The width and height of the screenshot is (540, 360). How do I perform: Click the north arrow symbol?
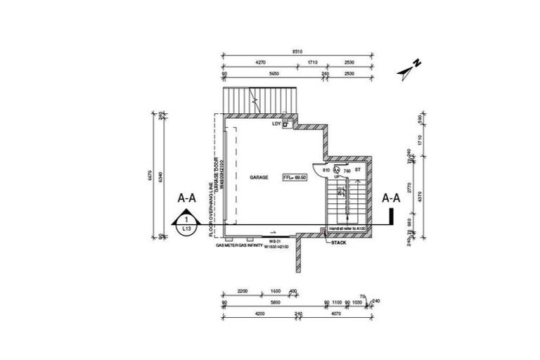(x=409, y=68)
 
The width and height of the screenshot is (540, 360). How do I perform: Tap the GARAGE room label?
(x=259, y=179)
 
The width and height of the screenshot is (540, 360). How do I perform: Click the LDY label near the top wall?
(x=276, y=124)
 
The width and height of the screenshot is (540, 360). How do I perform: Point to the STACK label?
(x=339, y=243)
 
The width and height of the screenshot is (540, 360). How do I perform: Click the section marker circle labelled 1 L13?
(x=186, y=224)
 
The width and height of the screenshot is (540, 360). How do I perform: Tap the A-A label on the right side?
(x=391, y=198)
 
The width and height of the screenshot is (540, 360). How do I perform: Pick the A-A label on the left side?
(x=186, y=199)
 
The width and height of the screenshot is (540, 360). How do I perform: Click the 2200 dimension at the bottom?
(x=244, y=290)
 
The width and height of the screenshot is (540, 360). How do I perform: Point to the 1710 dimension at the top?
(x=313, y=62)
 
